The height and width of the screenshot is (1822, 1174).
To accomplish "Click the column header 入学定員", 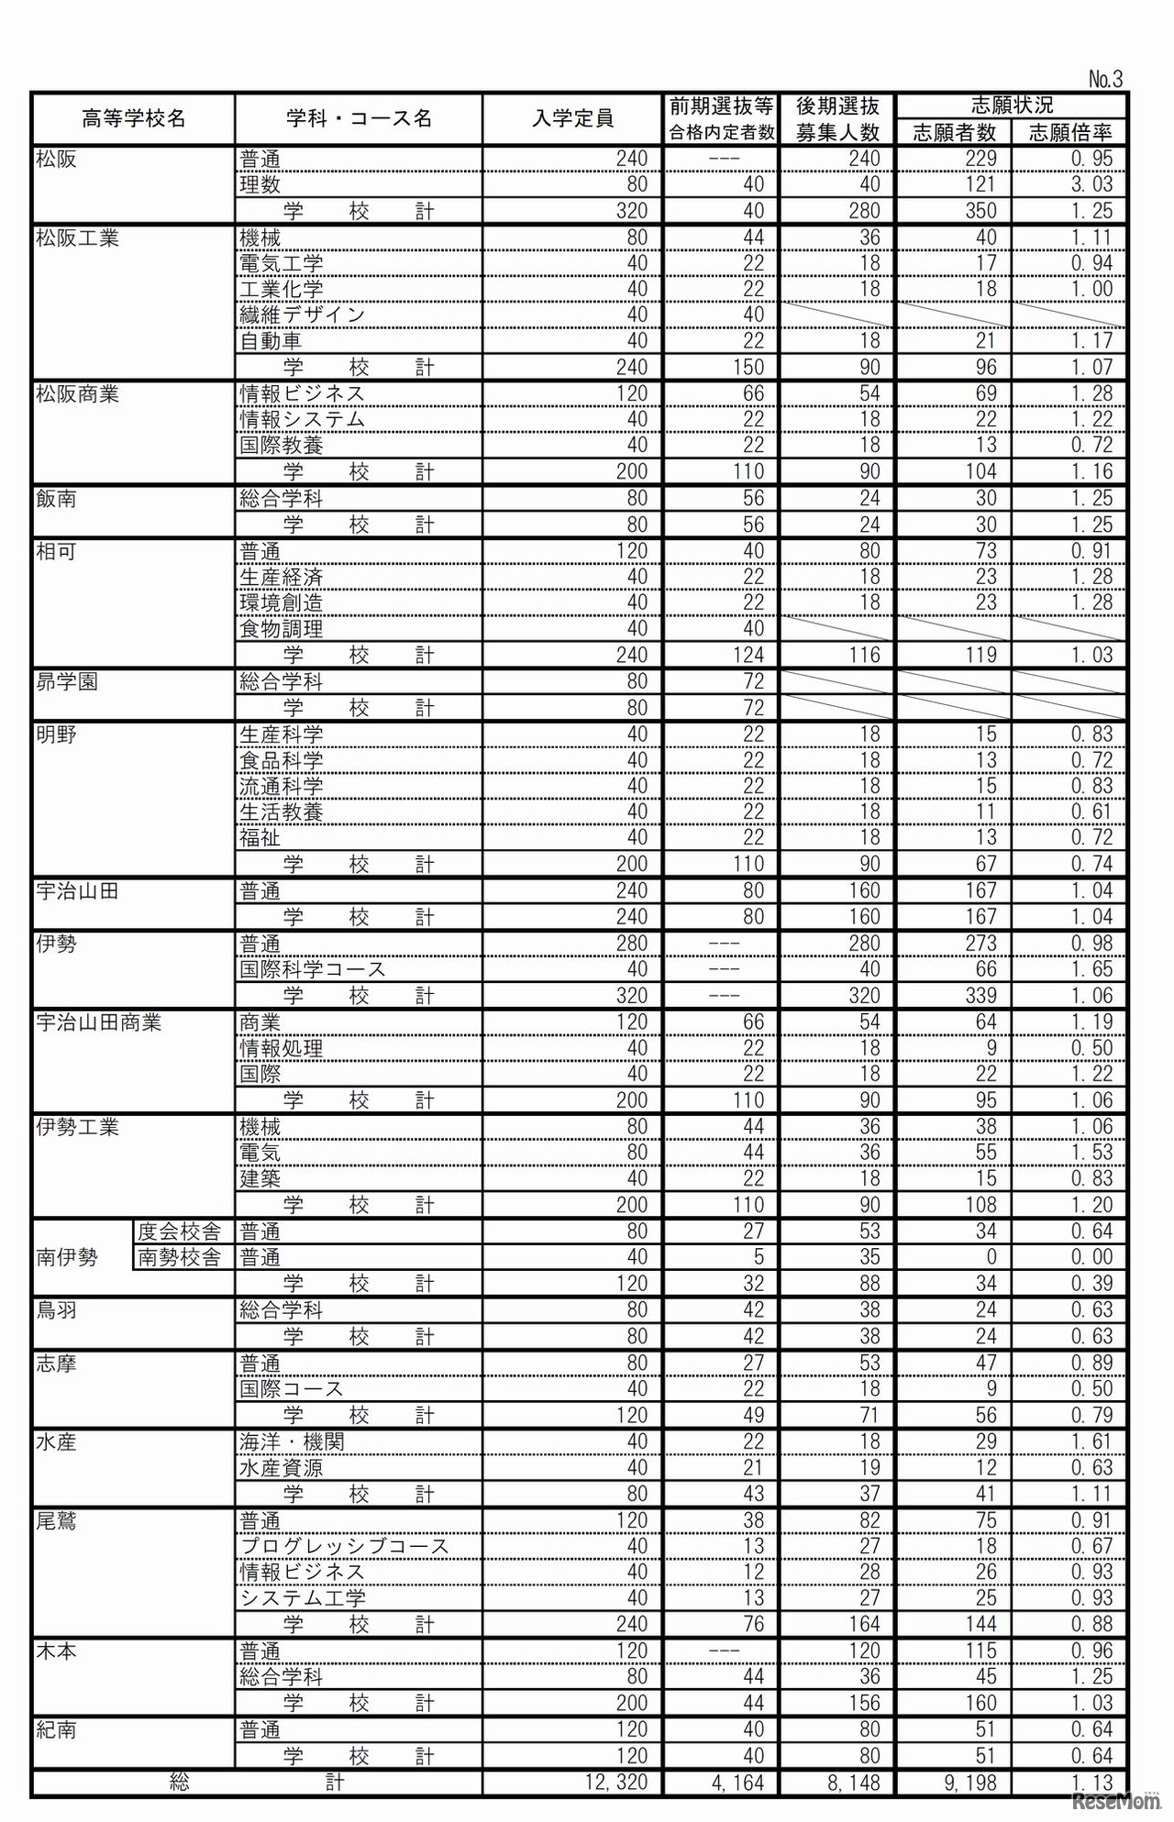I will tap(572, 118).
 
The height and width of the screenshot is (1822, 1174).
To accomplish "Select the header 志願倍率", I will tap(1069, 133).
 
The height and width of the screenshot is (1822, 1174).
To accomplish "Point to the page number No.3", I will tap(1105, 79).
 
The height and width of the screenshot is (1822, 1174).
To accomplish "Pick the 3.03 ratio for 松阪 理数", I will tap(1091, 184).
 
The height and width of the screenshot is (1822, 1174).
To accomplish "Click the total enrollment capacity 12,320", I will tap(616, 1783).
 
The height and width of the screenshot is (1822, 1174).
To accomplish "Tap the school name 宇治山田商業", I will tap(98, 1022).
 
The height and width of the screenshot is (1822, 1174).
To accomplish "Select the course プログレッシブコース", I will tap(345, 1546).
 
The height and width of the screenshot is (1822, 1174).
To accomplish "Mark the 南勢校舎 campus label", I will tap(179, 1258).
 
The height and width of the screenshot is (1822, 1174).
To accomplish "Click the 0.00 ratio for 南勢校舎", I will tap(1091, 1257).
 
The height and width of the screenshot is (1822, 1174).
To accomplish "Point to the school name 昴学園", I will tap(67, 682).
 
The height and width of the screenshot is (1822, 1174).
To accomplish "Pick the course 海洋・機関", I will tap(292, 1441).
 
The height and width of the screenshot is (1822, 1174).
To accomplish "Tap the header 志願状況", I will tap(1012, 105).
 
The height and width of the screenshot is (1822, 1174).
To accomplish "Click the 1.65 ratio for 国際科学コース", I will tap(1091, 969).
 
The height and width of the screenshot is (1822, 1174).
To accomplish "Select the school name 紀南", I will tap(56, 1730).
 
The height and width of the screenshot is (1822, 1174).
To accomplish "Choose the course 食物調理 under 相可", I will tap(281, 629).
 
